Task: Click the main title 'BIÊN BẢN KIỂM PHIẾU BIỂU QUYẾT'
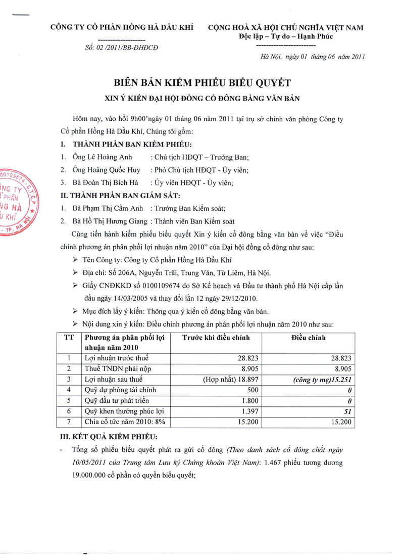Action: (201, 82)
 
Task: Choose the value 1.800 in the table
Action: (249, 401)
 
